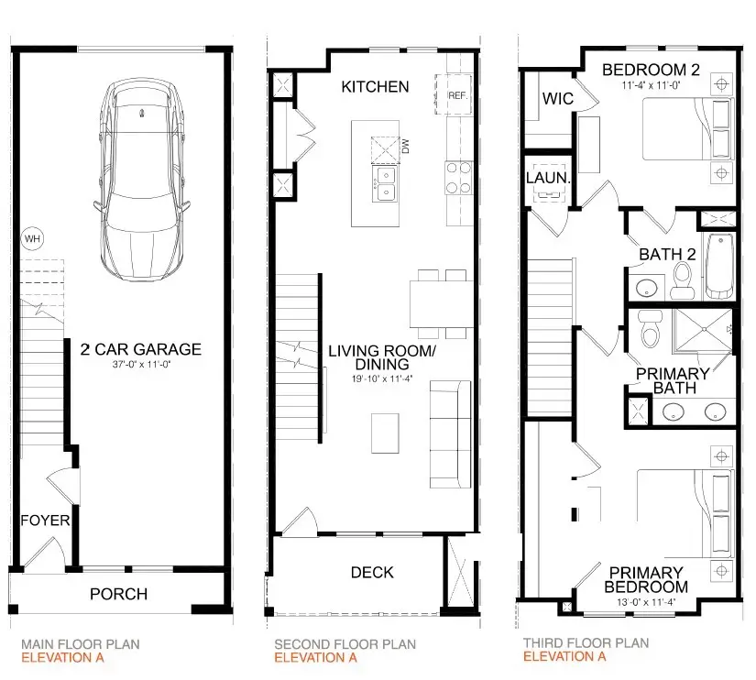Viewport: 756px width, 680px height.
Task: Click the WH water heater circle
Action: pos(32,238)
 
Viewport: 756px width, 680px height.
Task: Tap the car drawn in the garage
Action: pos(142,180)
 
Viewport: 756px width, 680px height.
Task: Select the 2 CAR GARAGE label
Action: pos(141,349)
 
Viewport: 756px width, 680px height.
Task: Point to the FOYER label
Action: pos(45,521)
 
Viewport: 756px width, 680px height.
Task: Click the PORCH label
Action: pos(118,594)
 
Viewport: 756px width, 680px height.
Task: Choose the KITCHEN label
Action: pos(375,87)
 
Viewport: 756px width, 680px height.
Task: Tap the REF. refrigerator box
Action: pos(454,94)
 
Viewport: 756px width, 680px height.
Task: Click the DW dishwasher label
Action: pos(405,146)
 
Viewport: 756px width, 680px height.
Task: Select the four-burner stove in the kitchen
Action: pos(458,178)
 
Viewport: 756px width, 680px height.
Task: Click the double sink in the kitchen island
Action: pos(385,183)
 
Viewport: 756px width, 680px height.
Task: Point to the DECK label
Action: pos(372,573)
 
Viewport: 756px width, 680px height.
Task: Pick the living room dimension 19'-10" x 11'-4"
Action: pos(382,379)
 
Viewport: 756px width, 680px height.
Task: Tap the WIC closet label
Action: pos(558,99)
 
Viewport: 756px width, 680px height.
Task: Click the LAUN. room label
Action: pos(548,178)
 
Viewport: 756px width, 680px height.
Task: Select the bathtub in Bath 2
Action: pos(720,266)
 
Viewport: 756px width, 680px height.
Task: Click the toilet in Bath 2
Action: pos(682,280)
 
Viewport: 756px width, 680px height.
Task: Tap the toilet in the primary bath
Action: pos(650,328)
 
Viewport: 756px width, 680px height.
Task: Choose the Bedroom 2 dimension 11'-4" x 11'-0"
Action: pos(651,85)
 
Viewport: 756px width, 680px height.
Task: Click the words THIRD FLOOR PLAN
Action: pos(586,642)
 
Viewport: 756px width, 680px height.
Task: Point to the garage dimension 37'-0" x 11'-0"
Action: pos(141,365)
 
